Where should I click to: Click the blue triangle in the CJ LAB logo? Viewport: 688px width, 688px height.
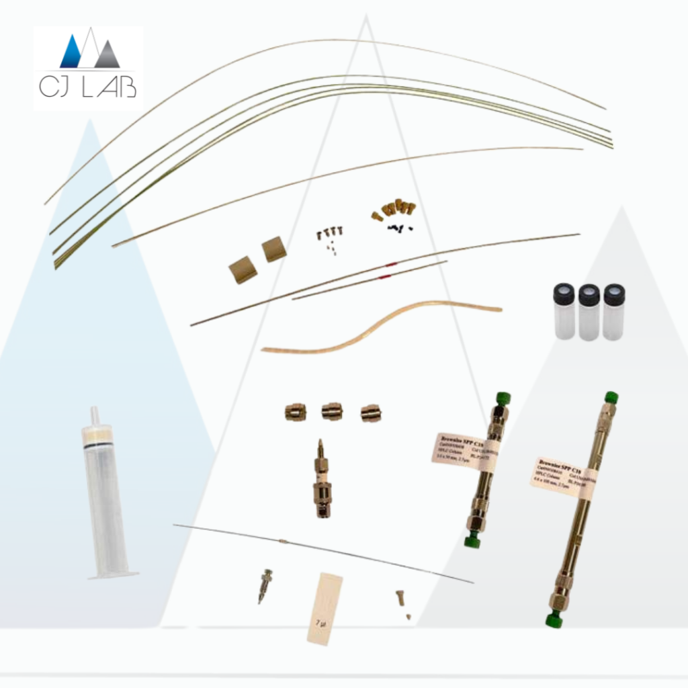pyautogui.click(x=72, y=54)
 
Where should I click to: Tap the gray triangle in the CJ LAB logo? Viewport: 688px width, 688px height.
pyautogui.click(x=107, y=56)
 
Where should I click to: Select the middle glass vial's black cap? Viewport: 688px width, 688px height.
pyautogui.click(x=589, y=294)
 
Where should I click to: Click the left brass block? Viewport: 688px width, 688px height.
pyautogui.click(x=243, y=270)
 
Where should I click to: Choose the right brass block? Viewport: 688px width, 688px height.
pyautogui.click(x=273, y=249)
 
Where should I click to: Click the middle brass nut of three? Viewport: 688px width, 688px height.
pyautogui.click(x=332, y=411)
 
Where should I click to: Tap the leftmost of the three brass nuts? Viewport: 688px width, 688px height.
pyautogui.click(x=295, y=412)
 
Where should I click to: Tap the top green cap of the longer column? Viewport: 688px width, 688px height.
pyautogui.click(x=611, y=397)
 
